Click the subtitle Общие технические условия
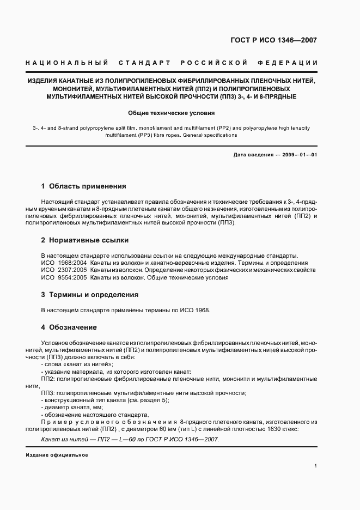click(171, 113)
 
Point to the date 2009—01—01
click(298, 155)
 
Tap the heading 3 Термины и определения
click(90, 294)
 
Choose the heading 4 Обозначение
click(69, 327)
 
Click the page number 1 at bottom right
click(316, 465)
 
